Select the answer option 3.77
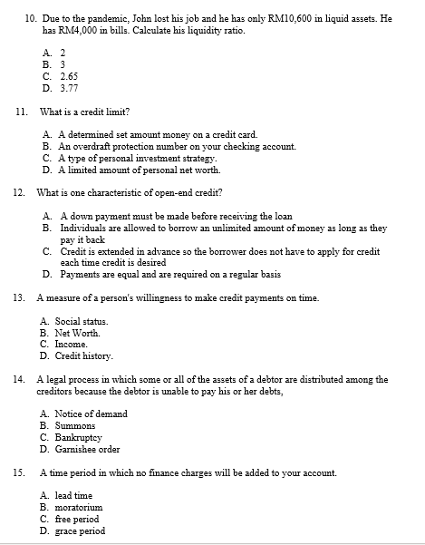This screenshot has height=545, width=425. (x=68, y=88)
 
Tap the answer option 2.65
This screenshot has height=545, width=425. (x=68, y=76)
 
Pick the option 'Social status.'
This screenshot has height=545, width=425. (x=82, y=321)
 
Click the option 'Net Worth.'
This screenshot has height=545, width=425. (x=77, y=333)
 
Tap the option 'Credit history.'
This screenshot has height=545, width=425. (x=84, y=355)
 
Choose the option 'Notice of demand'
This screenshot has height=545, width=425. (x=91, y=414)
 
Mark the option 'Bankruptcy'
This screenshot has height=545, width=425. (x=81, y=437)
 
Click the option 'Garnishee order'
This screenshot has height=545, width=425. (x=87, y=449)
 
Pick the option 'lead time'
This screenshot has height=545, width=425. (x=73, y=496)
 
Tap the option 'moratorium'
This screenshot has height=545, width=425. (x=79, y=508)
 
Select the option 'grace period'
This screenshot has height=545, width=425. (x=80, y=531)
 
